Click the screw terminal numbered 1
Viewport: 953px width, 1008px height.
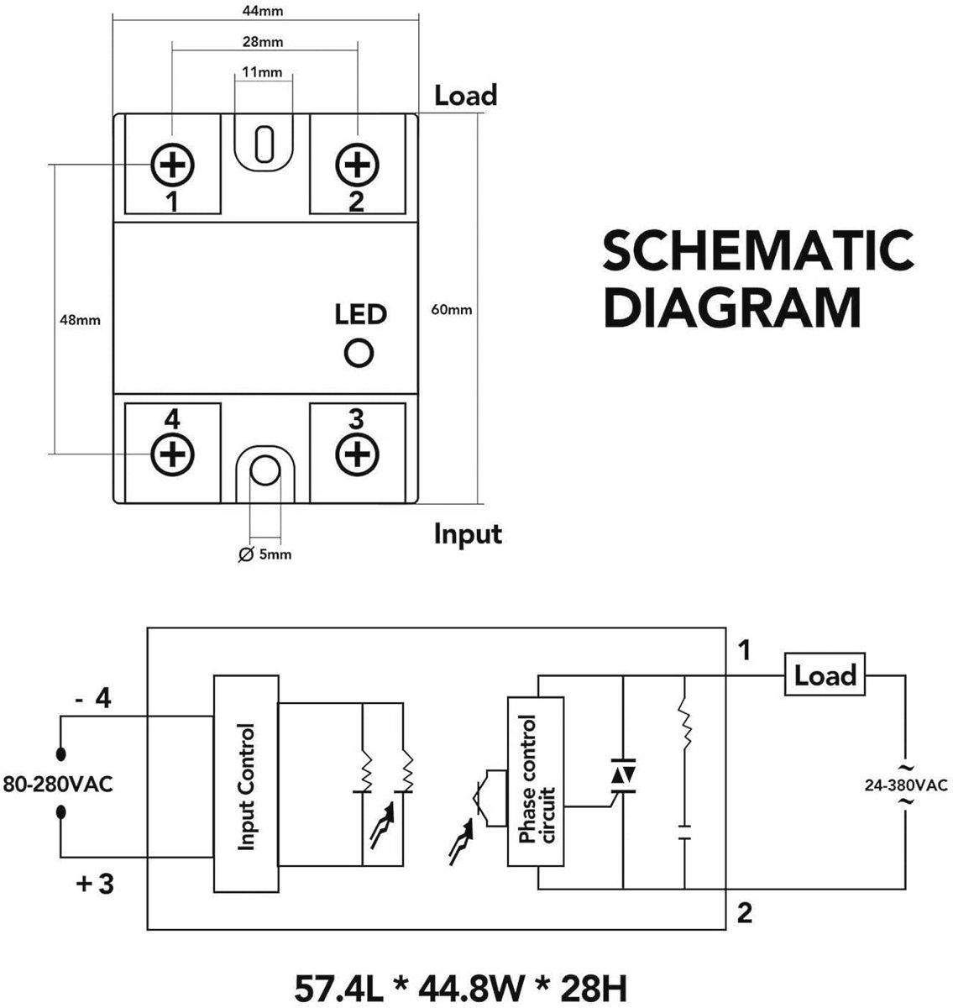[x=172, y=165]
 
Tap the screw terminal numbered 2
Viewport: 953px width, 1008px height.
[x=357, y=165]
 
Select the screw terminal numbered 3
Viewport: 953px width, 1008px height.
[x=357, y=454]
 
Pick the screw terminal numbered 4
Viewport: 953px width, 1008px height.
[x=172, y=454]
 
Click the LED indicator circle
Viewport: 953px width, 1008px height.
[x=359, y=353]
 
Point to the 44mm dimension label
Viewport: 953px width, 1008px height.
[x=263, y=11]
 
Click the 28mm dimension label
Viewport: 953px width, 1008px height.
[x=263, y=41]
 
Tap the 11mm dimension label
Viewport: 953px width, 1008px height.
[x=262, y=71]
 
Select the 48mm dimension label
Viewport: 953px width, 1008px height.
[x=80, y=320]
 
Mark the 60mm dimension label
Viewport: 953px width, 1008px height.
[x=451, y=310]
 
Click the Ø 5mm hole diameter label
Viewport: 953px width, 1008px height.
[x=265, y=554]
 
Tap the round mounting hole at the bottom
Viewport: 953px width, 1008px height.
[x=265, y=470]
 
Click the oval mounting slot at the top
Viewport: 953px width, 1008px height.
[x=264, y=144]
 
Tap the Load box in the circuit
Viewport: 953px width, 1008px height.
[x=825, y=675]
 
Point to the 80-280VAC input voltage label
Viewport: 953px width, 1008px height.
[x=57, y=784]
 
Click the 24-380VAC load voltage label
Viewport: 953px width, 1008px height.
[x=906, y=785]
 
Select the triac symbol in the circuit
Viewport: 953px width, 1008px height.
[x=623, y=775]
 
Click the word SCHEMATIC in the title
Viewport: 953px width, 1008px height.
[x=758, y=250]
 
